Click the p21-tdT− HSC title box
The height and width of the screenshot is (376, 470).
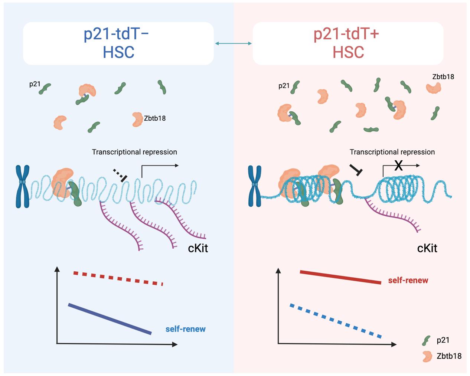coord(118,43)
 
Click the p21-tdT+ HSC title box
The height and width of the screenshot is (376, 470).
coord(348,43)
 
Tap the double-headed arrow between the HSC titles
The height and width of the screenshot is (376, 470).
coord(233,44)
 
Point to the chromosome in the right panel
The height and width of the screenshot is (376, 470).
coord(255,186)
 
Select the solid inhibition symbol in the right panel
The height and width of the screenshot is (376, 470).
coord(356,170)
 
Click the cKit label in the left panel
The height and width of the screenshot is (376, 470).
coord(198,248)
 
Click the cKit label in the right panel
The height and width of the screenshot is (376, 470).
coord(427,248)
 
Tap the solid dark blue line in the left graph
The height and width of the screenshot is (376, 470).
coord(110,319)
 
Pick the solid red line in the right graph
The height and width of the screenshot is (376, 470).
coord(340,277)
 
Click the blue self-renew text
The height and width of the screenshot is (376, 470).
coord(185,329)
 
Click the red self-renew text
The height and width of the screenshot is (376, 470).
coord(408,280)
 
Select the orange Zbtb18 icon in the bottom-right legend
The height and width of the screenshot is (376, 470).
coord(427,356)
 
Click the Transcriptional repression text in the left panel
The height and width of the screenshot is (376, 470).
coord(134,152)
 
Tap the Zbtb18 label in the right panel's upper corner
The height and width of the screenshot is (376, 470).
coord(443,77)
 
